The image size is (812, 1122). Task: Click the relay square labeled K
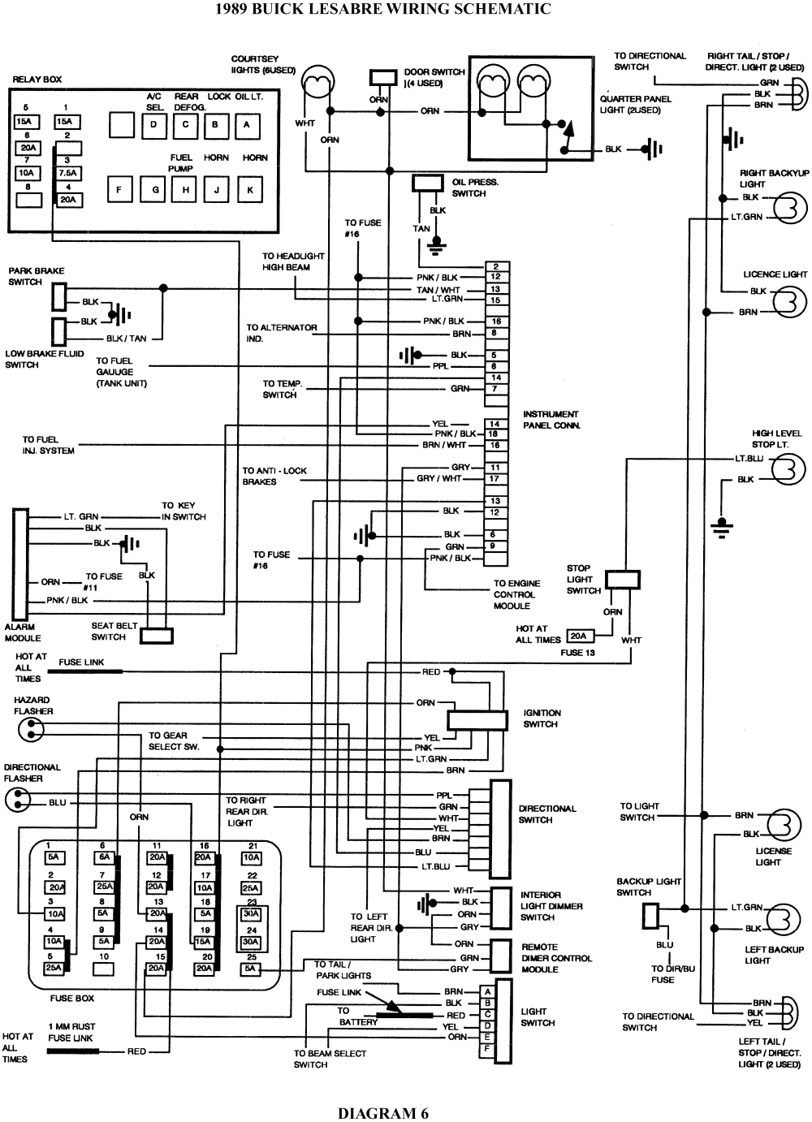pyautogui.click(x=250, y=191)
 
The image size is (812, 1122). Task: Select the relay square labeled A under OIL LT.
pyautogui.click(x=247, y=124)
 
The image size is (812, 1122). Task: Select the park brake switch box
pyautogui.click(x=58, y=296)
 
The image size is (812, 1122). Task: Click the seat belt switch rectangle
pyautogui.click(x=157, y=636)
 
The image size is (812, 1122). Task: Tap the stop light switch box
pyautogui.click(x=624, y=579)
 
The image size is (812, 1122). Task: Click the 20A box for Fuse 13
pyautogui.click(x=578, y=637)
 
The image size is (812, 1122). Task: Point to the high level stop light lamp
pyautogui.click(x=788, y=469)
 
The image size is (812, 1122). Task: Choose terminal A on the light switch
pyautogui.click(x=487, y=992)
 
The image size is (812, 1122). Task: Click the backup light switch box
pyautogui.click(x=650, y=917)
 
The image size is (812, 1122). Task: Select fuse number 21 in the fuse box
pyautogui.click(x=252, y=857)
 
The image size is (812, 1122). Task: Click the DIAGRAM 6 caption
pyautogui.click(x=382, y=1113)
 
